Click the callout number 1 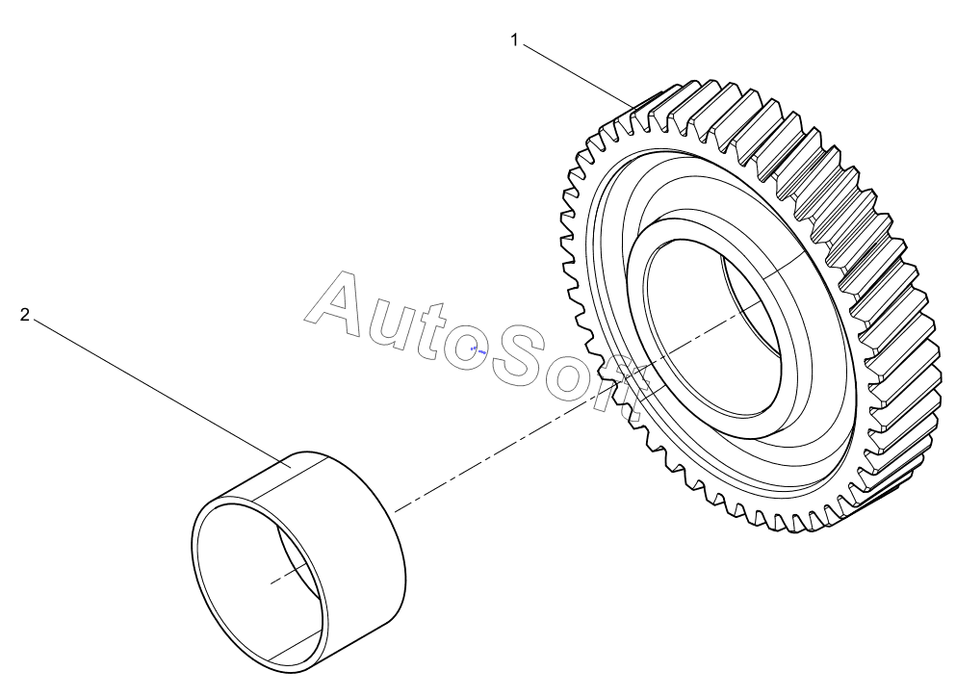[514, 40]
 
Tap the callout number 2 [24, 315]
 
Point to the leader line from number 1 [577, 74]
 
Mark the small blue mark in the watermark [478, 350]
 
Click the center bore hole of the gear [713, 332]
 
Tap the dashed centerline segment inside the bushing [290, 574]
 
